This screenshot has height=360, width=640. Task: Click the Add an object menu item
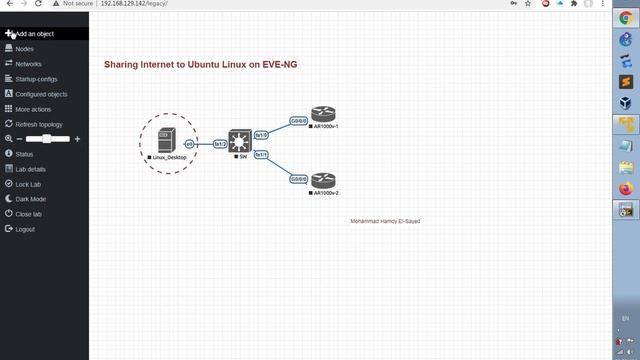click(34, 34)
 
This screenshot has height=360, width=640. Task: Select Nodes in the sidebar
click(24, 49)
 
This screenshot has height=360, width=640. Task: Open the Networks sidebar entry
click(28, 64)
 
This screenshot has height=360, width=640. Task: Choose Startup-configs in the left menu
click(36, 79)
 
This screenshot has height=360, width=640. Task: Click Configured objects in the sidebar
click(41, 94)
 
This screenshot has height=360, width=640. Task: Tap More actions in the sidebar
click(33, 109)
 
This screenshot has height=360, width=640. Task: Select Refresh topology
click(39, 124)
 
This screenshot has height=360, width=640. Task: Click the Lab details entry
click(30, 169)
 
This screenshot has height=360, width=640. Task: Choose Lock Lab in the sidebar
click(28, 184)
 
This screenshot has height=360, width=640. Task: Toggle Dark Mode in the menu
click(30, 199)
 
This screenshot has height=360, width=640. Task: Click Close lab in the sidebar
click(28, 214)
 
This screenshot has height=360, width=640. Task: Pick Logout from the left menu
click(25, 229)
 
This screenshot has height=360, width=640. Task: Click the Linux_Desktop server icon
click(167, 140)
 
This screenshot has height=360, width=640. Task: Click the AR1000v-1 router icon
click(322, 114)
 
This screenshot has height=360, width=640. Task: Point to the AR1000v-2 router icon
click(322, 180)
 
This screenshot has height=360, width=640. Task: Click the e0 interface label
click(189, 144)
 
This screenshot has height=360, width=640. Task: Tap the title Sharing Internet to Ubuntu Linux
click(201, 65)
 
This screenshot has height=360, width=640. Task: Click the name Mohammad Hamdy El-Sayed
click(385, 221)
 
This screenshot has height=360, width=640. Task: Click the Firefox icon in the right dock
click(626, 188)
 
